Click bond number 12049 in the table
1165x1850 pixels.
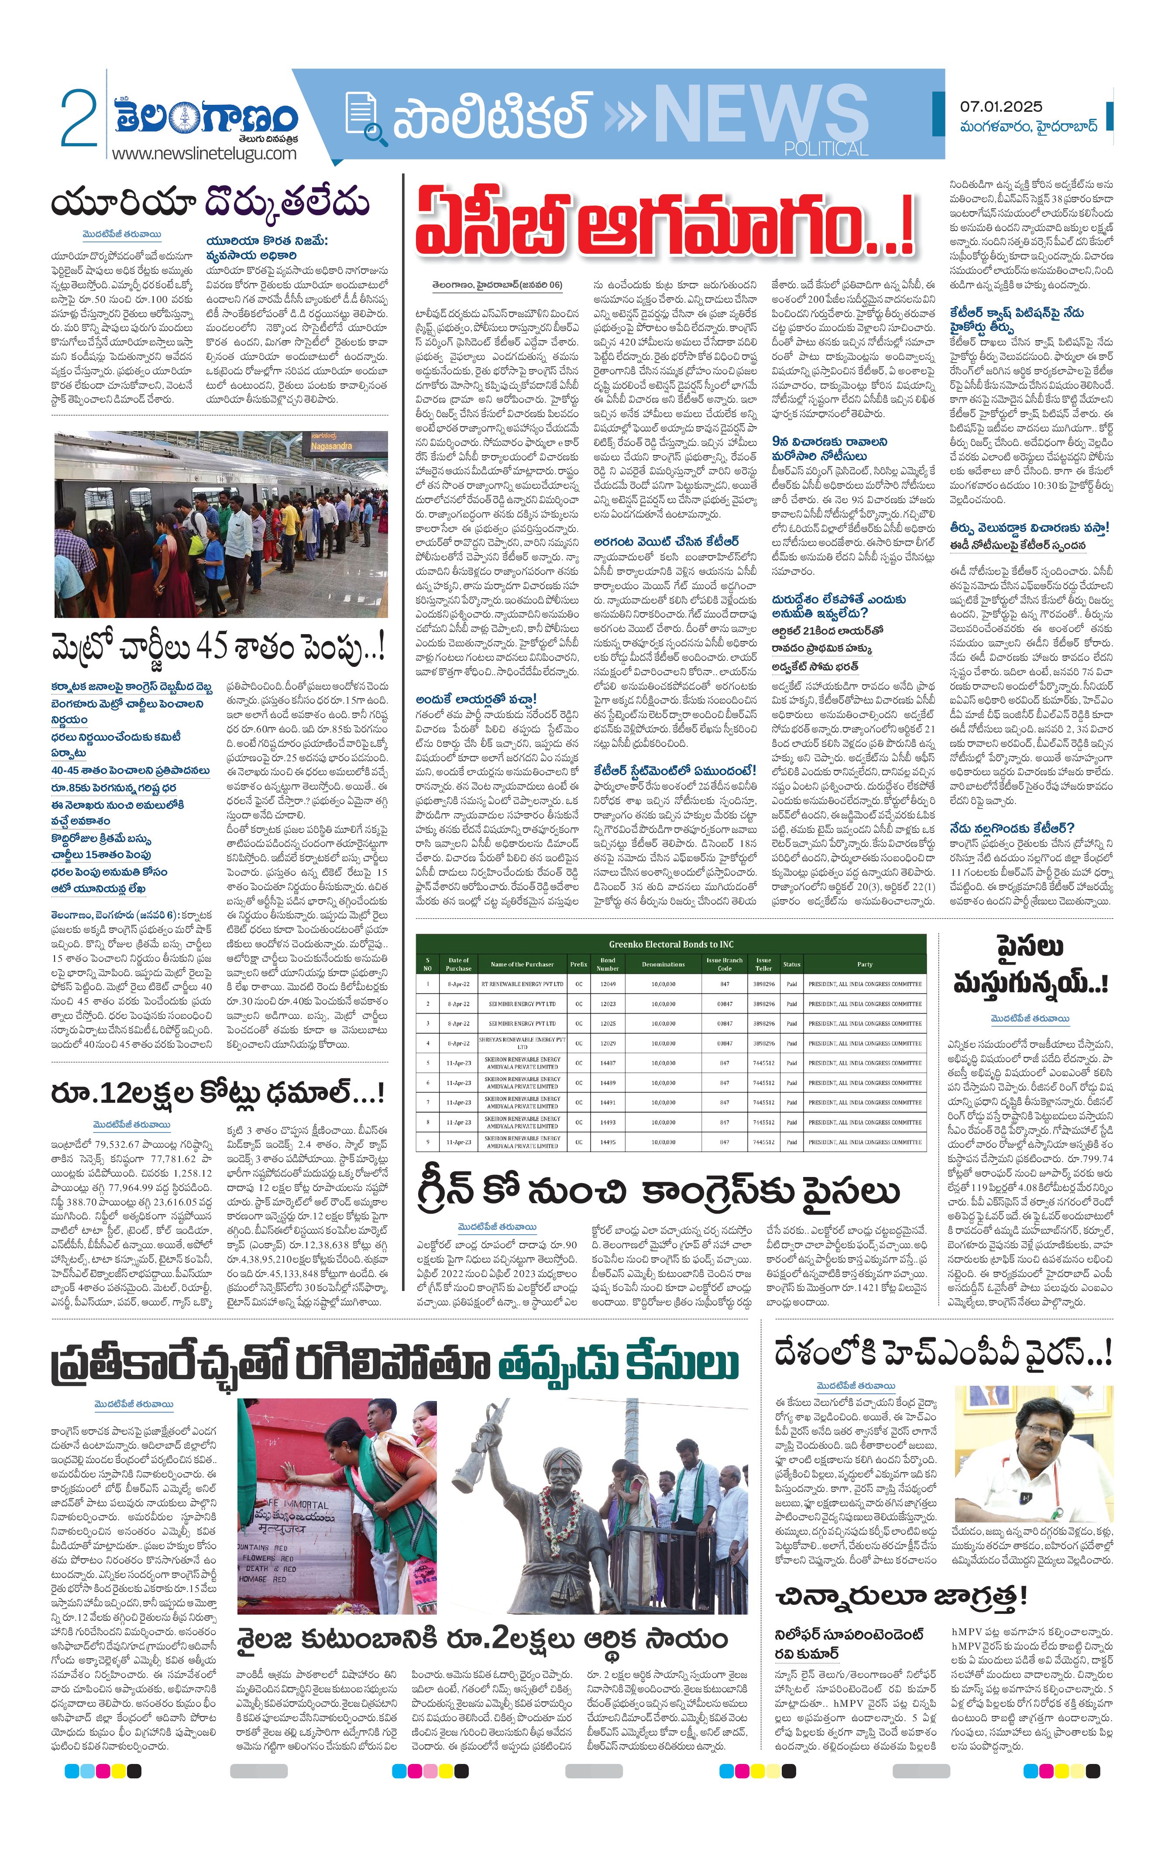(x=608, y=984)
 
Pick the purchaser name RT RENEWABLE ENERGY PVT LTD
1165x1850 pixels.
(x=522, y=984)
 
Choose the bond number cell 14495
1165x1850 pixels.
(x=608, y=1142)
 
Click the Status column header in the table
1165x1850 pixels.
(x=791, y=964)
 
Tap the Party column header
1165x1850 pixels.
(x=865, y=964)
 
